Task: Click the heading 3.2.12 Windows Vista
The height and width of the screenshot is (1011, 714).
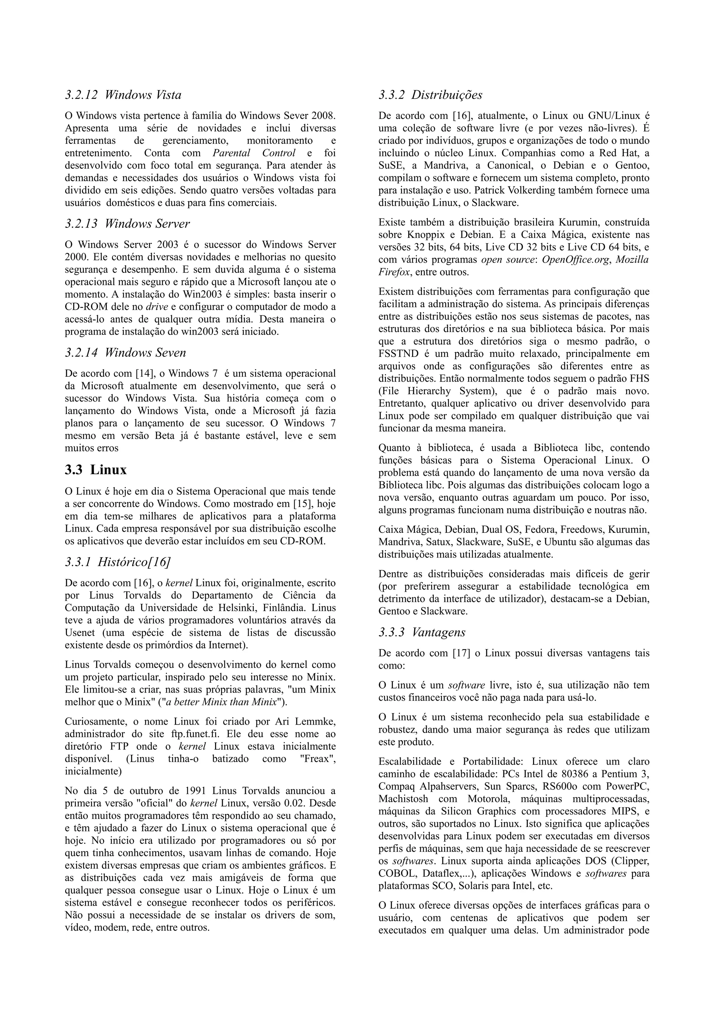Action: [123, 95]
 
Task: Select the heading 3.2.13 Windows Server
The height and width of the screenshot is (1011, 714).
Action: [127, 224]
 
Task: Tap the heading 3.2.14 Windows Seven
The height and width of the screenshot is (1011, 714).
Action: [125, 353]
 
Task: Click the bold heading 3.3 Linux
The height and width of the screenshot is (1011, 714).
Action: [96, 470]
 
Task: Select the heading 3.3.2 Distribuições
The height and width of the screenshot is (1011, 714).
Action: [430, 95]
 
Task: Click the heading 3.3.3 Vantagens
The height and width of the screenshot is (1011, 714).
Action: [421, 632]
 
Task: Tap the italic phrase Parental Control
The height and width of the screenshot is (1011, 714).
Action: [254, 153]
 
